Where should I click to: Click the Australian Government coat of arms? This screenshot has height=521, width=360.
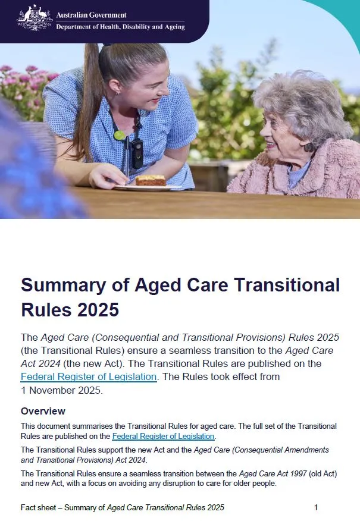tap(35, 18)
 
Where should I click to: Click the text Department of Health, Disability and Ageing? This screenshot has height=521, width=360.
tap(120, 27)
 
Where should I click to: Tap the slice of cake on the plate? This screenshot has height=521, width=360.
tap(150, 180)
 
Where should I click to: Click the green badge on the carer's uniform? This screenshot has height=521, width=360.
tap(120, 136)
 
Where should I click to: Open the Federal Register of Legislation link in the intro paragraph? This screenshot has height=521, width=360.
tap(89, 376)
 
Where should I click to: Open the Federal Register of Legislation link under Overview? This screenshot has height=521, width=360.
tap(163, 437)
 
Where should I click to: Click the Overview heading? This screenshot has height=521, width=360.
tap(43, 411)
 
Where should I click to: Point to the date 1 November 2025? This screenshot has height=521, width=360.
tap(62, 391)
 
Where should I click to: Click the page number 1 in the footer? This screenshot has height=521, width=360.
tap(316, 507)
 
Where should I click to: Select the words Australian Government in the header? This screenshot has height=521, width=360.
tap(91, 15)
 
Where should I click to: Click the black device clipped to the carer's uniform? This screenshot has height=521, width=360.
tap(137, 153)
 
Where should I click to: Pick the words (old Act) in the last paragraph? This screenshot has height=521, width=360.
tap(312, 473)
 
